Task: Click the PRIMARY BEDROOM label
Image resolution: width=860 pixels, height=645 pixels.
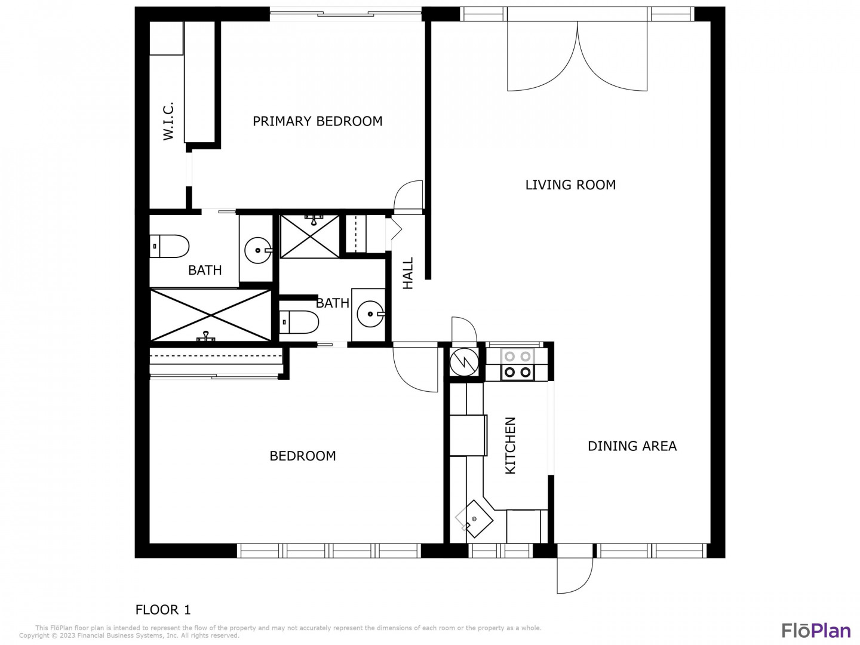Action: (317, 121)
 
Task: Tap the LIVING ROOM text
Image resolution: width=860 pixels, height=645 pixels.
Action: (570, 185)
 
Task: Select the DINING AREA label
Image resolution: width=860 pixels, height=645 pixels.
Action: (632, 446)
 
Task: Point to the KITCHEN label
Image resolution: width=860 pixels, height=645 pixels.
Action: (510, 446)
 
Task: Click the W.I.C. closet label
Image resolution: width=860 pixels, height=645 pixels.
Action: (168, 121)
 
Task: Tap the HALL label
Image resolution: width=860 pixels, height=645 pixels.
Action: (408, 273)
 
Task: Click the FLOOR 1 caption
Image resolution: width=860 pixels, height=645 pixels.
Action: (163, 609)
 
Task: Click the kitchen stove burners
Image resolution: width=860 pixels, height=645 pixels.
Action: (517, 364)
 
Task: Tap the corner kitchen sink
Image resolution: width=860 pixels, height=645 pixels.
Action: (474, 518)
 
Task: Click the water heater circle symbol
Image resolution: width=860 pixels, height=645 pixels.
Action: (464, 363)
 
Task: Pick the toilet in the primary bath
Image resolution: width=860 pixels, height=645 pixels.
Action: (169, 246)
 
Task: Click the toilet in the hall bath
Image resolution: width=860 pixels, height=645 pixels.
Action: (299, 322)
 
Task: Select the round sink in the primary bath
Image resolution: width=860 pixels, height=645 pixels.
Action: (257, 250)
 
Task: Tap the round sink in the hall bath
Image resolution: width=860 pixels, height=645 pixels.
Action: (370, 314)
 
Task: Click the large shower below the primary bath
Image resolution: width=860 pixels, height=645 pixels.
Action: (211, 315)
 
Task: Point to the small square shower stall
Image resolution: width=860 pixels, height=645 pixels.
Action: (309, 236)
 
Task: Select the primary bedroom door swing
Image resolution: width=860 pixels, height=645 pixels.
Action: (408, 195)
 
